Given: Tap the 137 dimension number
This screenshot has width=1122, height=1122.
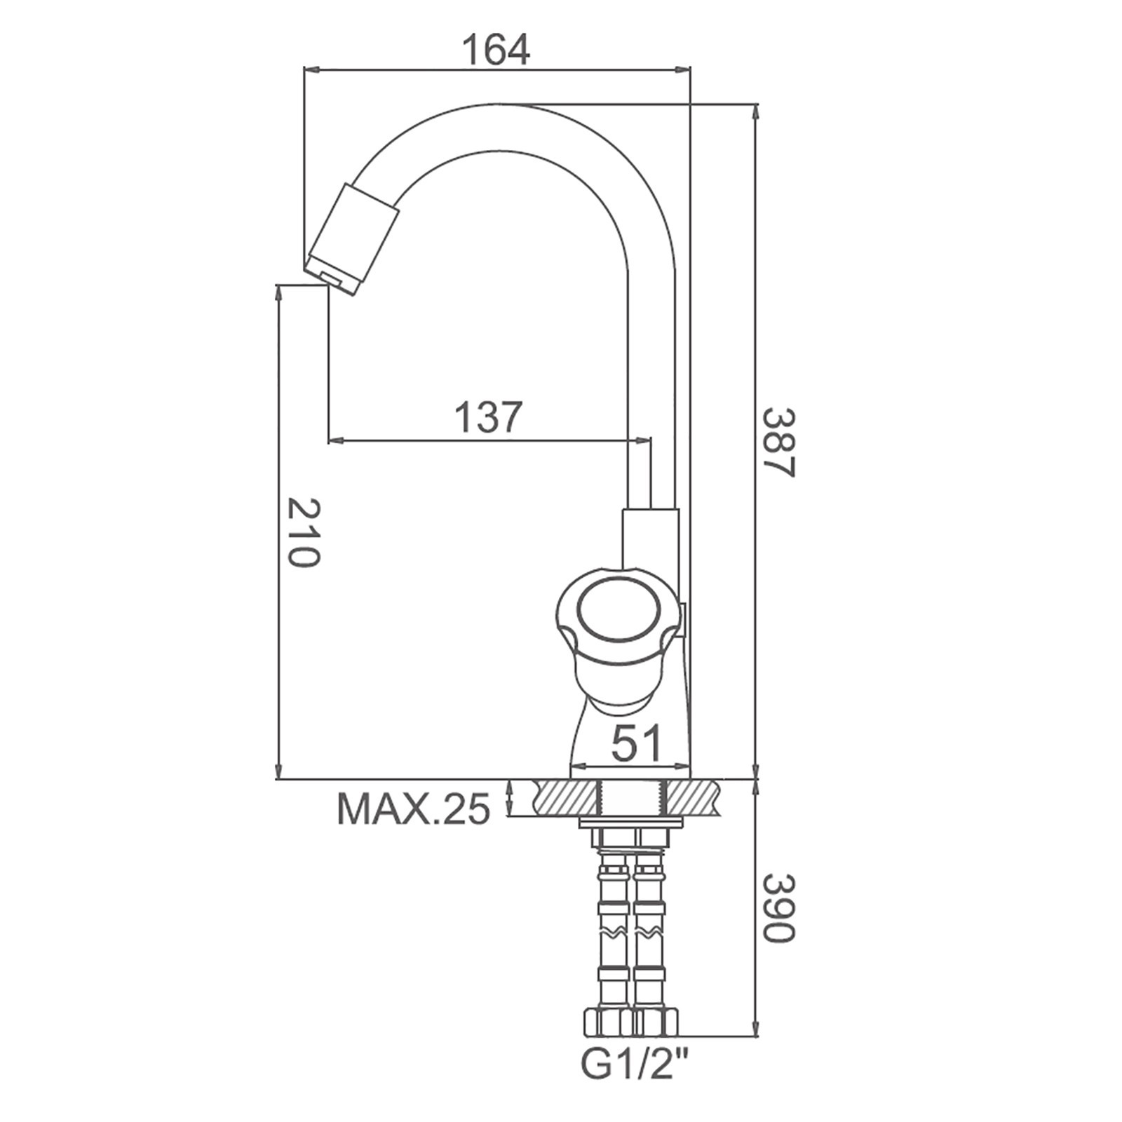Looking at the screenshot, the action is pos(489,417).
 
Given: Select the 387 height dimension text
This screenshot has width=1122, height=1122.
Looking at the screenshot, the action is pos(778,442).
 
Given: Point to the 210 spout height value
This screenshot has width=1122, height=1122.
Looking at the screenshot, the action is pos(303,533).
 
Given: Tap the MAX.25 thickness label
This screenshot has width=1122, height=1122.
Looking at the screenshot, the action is pos(414,809).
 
